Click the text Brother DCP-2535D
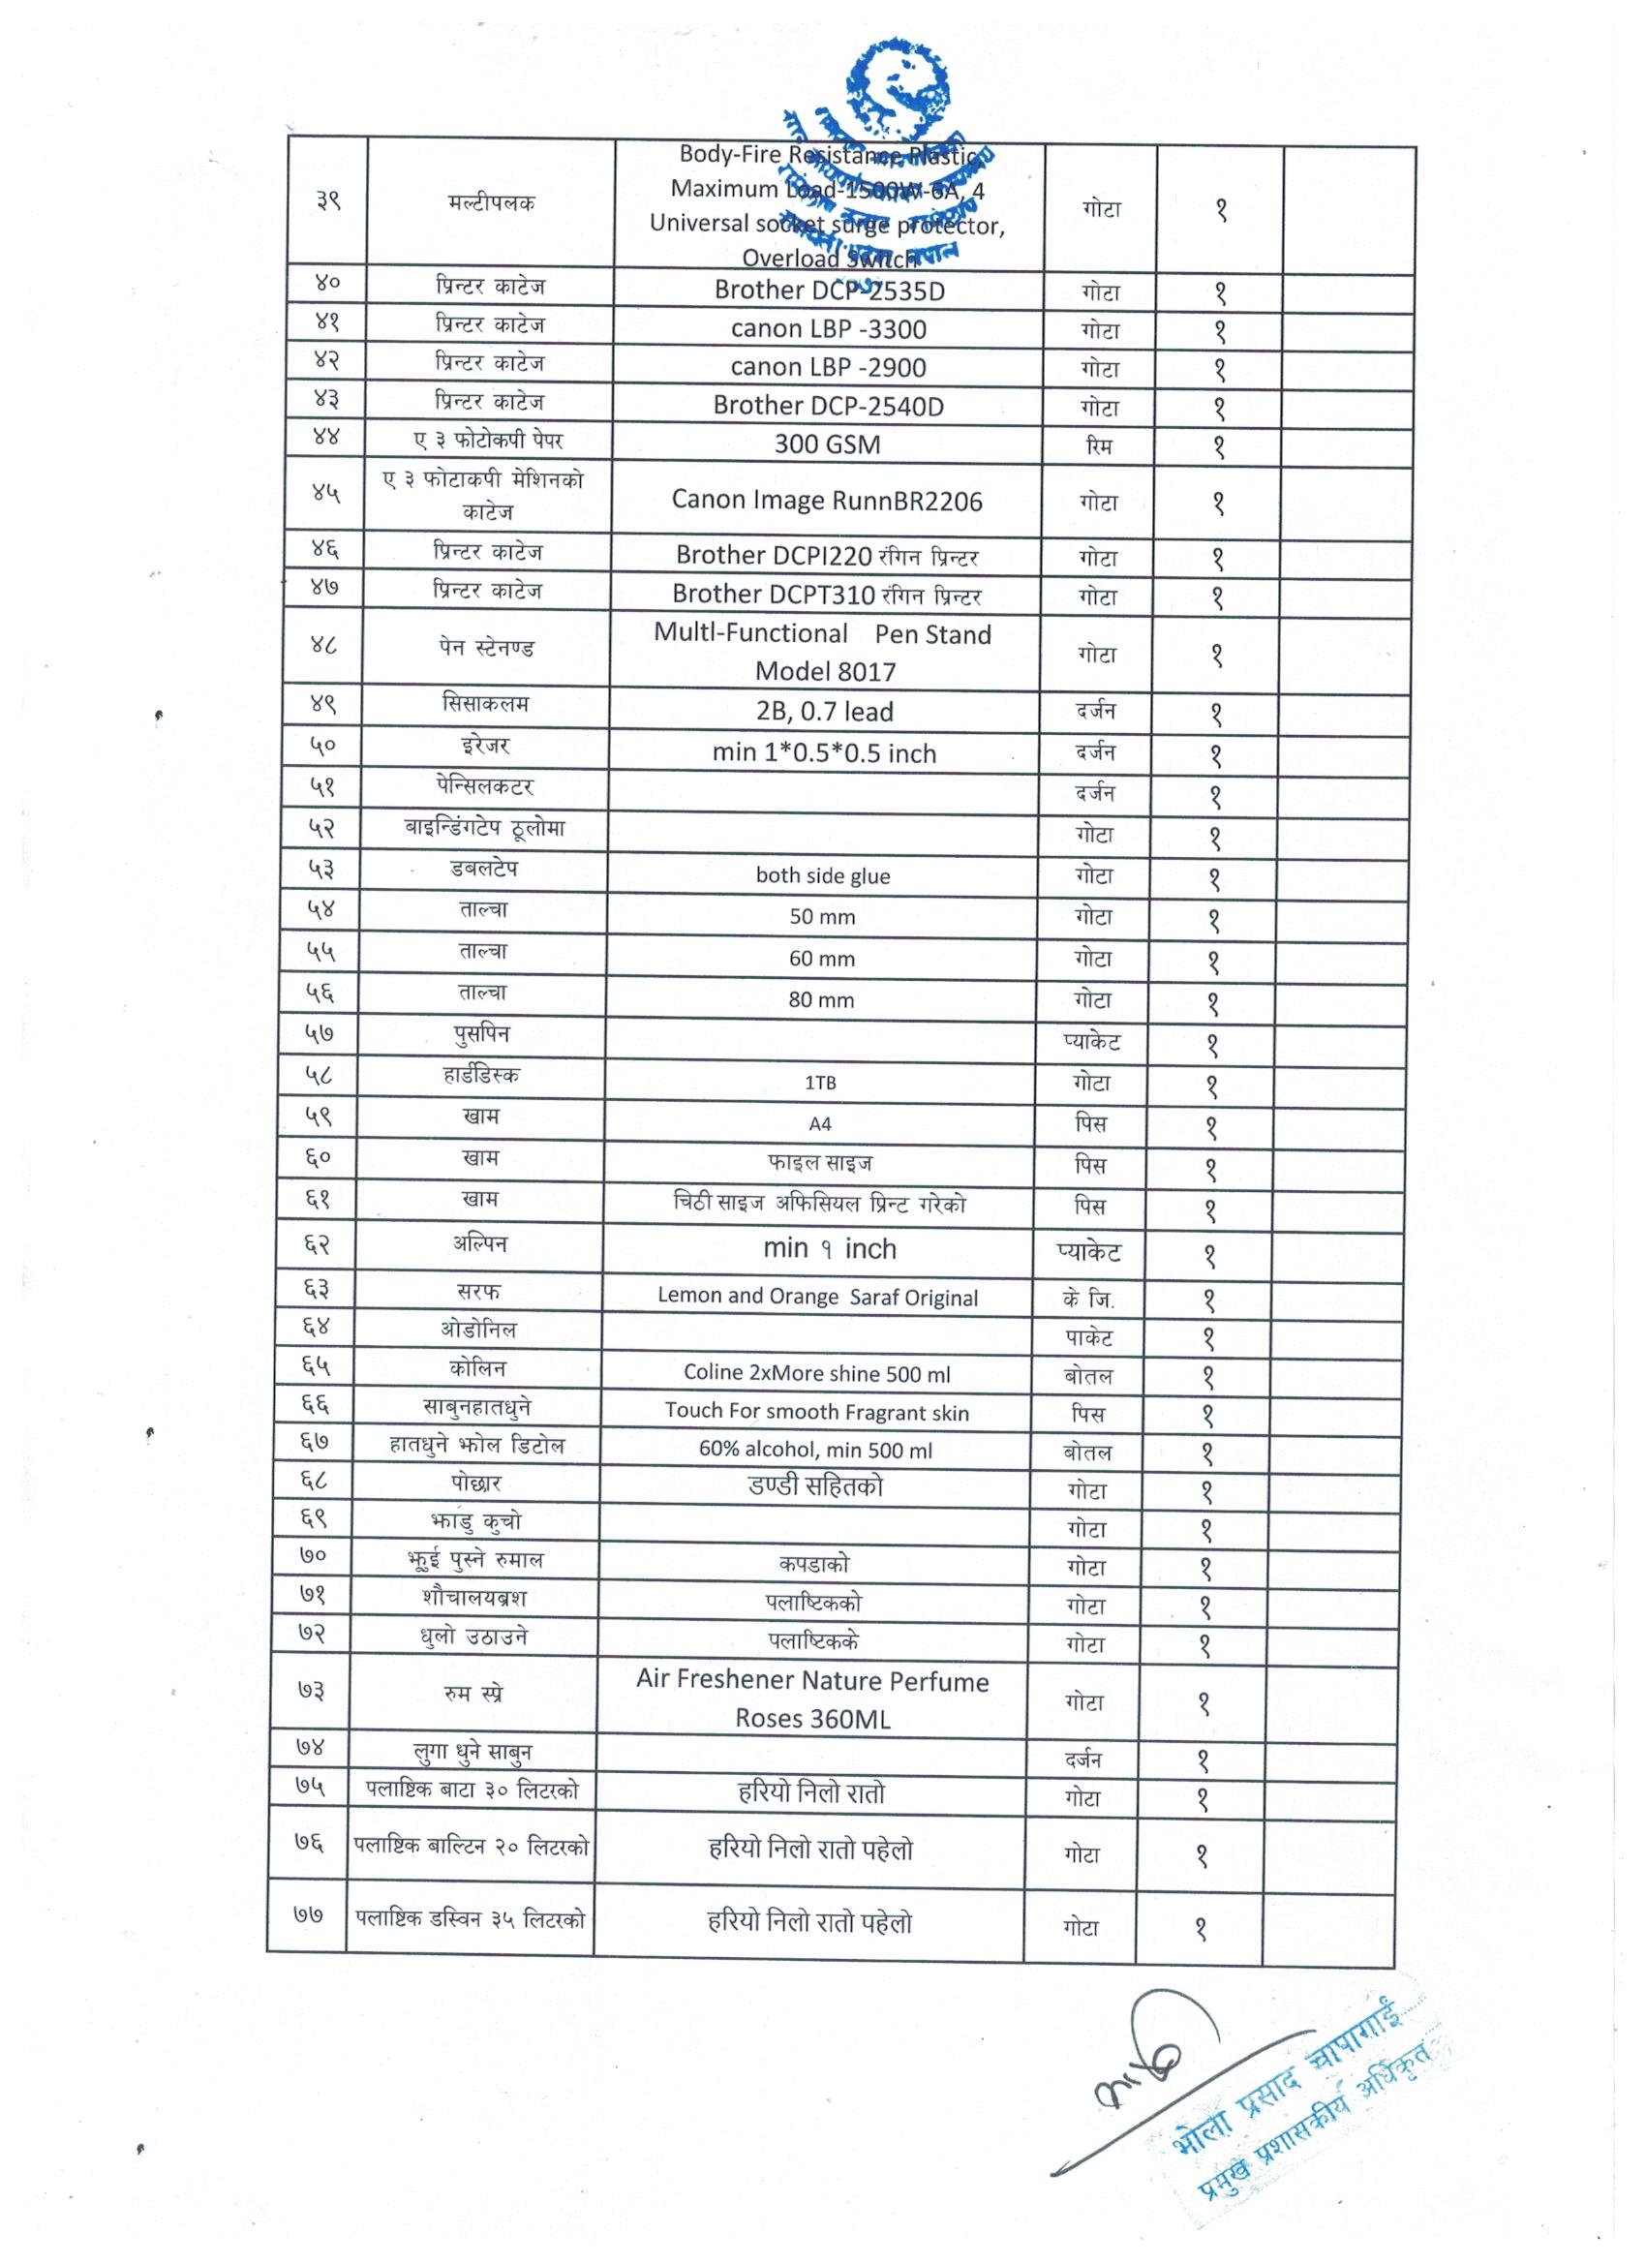click(x=829, y=291)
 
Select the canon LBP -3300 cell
click(x=829, y=328)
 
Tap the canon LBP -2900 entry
click(x=829, y=367)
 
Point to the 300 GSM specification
click(x=828, y=444)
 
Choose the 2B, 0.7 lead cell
click(x=825, y=711)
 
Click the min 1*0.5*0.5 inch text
click(x=825, y=752)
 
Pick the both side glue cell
click(x=822, y=875)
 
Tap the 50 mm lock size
click(x=822, y=916)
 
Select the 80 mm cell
click(x=821, y=999)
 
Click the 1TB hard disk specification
click(x=820, y=1082)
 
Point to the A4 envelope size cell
click(x=819, y=1124)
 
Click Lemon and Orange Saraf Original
click(x=817, y=1297)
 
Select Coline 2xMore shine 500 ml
click(x=816, y=1373)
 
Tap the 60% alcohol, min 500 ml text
click(x=815, y=1450)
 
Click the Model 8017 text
click(x=826, y=671)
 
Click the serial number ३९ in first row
click(x=328, y=200)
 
